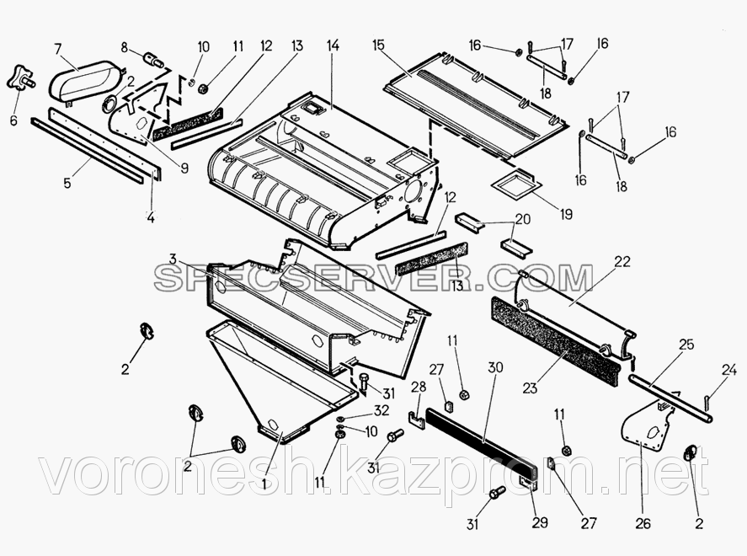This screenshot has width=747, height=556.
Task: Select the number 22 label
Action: [x=622, y=262]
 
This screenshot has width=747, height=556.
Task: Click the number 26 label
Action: [x=643, y=523]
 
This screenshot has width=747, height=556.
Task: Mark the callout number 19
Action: [x=563, y=214]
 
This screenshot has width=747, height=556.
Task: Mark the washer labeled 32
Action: [x=339, y=419]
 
